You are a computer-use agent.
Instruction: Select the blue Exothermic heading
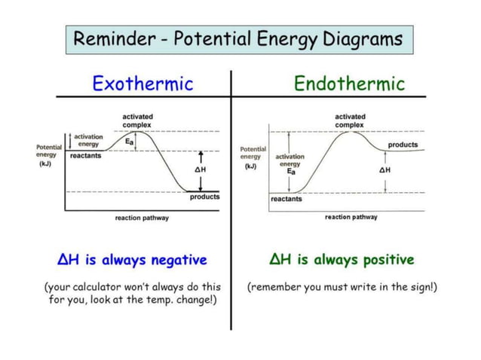tap(142, 83)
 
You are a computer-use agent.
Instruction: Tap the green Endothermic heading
tap(349, 83)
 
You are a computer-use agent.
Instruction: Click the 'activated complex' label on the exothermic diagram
tap(137, 121)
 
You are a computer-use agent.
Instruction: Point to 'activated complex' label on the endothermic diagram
tap(350, 121)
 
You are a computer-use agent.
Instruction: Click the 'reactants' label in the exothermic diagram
tap(84, 156)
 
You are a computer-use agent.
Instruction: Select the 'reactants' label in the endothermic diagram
tap(286, 200)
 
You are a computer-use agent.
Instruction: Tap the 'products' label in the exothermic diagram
tap(204, 197)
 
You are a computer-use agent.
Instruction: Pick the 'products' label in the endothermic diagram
tap(403, 145)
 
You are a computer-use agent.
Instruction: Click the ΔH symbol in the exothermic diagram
tap(200, 171)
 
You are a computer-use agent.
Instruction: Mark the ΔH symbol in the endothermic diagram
tap(384, 171)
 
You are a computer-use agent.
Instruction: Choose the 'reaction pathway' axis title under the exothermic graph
tap(142, 218)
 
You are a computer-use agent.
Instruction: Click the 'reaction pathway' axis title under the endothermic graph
tap(351, 217)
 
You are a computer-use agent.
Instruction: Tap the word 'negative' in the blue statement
tap(179, 261)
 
